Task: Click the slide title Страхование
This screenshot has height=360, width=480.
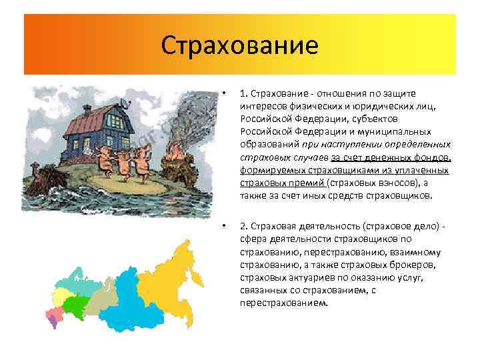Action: point(240,46)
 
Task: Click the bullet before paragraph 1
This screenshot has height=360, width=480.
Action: point(226,93)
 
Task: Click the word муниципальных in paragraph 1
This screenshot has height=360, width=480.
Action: point(381,131)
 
